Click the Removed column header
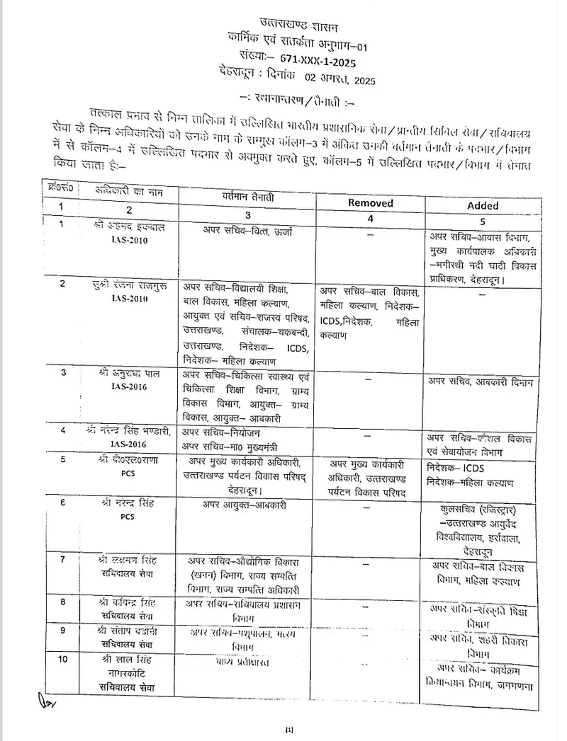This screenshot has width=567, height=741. coord(371,202)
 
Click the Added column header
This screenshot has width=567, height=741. coord(483,205)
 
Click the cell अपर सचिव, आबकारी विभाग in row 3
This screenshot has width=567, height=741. coord(480,382)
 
